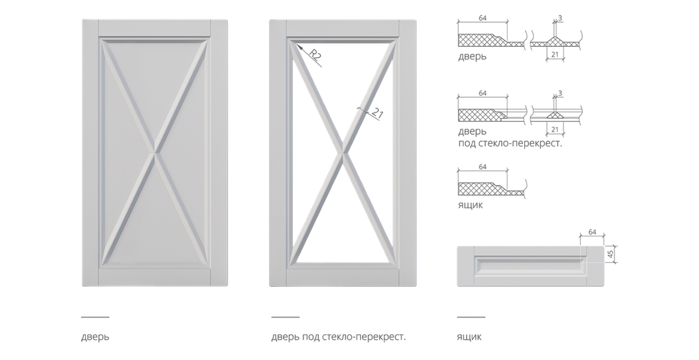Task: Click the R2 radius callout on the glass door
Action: click(x=315, y=56)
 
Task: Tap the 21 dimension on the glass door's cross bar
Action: click(x=377, y=114)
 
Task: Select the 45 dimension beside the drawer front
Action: click(x=611, y=254)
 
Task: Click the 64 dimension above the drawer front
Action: click(x=593, y=232)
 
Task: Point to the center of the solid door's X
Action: click(x=154, y=153)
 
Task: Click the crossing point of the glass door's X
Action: click(x=343, y=153)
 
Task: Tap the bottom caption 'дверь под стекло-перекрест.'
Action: click(x=339, y=337)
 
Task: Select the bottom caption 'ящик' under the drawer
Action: click(x=469, y=337)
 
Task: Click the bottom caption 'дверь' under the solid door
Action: click(x=95, y=337)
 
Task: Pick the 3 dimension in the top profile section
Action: click(x=560, y=18)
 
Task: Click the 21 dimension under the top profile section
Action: click(x=555, y=54)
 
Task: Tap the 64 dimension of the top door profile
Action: click(x=482, y=18)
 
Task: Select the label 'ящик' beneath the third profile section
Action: click(x=470, y=205)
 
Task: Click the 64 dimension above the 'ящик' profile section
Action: click(x=482, y=166)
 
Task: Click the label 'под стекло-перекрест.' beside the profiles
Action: click(x=510, y=144)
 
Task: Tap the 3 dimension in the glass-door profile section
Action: click(x=560, y=93)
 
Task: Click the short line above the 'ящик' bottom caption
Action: click(x=470, y=317)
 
